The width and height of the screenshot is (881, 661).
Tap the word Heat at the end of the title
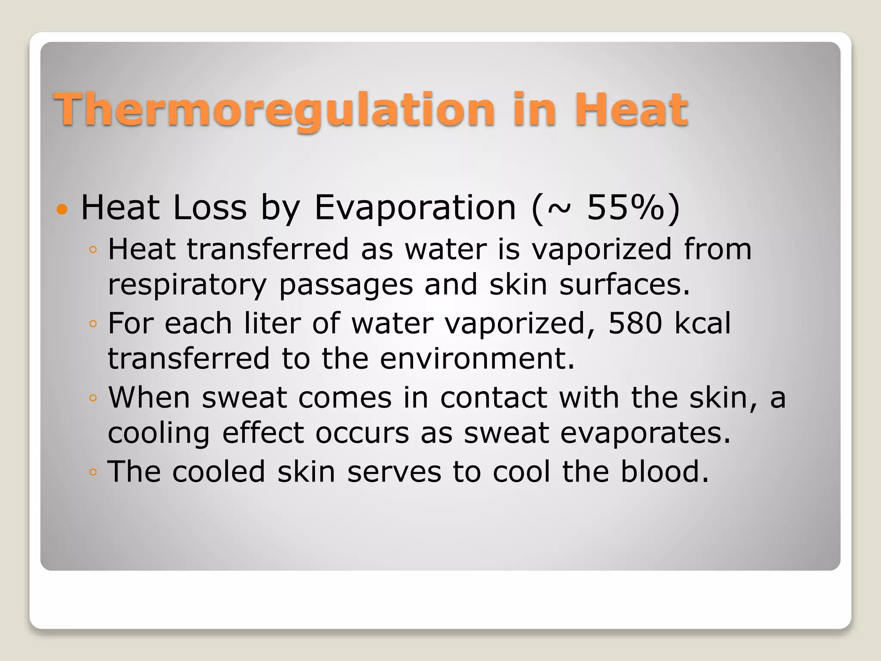point(631,110)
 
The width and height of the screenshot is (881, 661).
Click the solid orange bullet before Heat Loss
point(62,210)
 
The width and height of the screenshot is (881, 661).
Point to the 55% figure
point(626,208)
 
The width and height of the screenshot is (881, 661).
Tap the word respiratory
point(187,285)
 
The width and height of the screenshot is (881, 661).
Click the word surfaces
point(624,285)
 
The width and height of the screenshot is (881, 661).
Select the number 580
point(635,323)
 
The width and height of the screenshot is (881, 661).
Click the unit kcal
point(702,323)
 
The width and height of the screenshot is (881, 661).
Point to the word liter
point(272,323)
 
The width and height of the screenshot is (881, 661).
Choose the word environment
point(477,359)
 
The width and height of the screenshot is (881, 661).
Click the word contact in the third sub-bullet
point(493,398)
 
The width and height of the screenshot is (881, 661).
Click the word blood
point(664,472)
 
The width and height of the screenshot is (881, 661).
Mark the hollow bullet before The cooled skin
point(93,473)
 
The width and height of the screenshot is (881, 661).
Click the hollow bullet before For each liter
point(93,324)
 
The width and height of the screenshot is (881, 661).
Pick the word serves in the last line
point(394,472)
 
